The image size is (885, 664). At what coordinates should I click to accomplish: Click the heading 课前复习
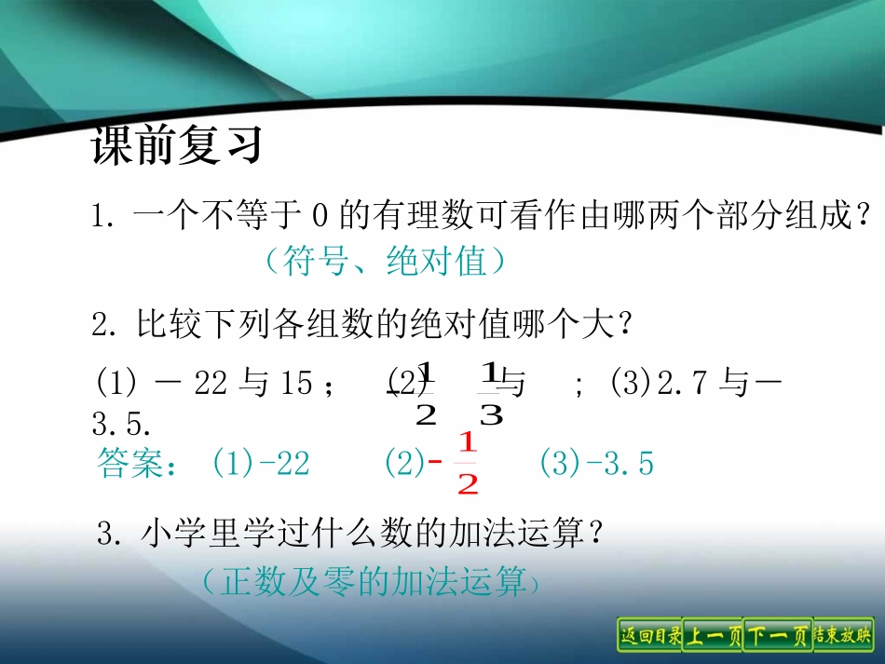click(x=175, y=147)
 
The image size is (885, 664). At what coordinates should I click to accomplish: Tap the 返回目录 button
click(x=649, y=636)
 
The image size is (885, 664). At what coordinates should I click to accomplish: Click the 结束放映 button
click(x=843, y=636)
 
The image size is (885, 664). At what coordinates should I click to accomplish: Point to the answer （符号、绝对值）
click(x=385, y=262)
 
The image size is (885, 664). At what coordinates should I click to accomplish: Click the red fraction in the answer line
click(x=467, y=463)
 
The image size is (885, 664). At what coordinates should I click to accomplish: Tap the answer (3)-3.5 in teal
click(x=596, y=463)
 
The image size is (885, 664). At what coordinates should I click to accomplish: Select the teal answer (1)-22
click(x=261, y=463)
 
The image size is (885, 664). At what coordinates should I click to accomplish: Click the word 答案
click(x=130, y=464)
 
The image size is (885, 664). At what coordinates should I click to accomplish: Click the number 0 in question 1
click(x=319, y=218)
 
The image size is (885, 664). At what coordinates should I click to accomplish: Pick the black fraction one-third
click(x=490, y=393)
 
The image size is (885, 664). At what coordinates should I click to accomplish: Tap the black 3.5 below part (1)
click(x=121, y=426)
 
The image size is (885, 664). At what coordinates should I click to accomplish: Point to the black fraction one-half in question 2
click(x=426, y=393)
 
